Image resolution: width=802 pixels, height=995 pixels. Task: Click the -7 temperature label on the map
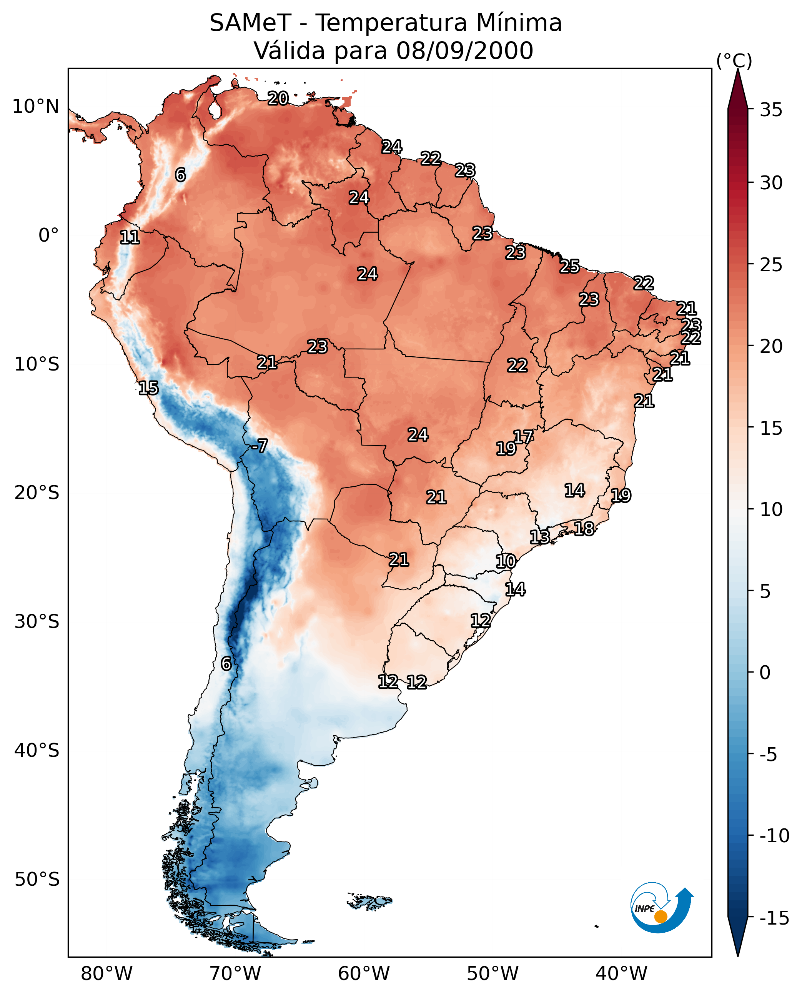tap(260, 446)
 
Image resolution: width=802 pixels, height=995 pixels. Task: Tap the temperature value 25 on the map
tap(570, 267)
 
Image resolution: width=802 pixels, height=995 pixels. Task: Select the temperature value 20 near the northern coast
tap(278, 98)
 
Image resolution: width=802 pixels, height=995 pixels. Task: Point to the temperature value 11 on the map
tap(130, 238)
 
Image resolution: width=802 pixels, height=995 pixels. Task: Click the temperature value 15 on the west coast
tap(148, 388)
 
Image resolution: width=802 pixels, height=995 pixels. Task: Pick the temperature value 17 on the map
tap(523, 437)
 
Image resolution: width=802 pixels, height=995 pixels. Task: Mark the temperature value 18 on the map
tap(584, 529)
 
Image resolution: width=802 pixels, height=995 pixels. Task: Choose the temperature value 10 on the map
tap(506, 561)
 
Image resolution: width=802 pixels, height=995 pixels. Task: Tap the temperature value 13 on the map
tap(539, 537)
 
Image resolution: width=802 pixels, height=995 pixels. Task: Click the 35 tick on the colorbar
tap(771, 110)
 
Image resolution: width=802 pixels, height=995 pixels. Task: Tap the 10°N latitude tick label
tap(36, 107)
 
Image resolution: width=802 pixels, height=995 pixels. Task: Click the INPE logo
tap(662, 908)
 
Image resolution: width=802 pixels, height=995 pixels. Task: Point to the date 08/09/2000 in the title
tap(464, 51)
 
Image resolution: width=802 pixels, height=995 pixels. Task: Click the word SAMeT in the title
tap(250, 23)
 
